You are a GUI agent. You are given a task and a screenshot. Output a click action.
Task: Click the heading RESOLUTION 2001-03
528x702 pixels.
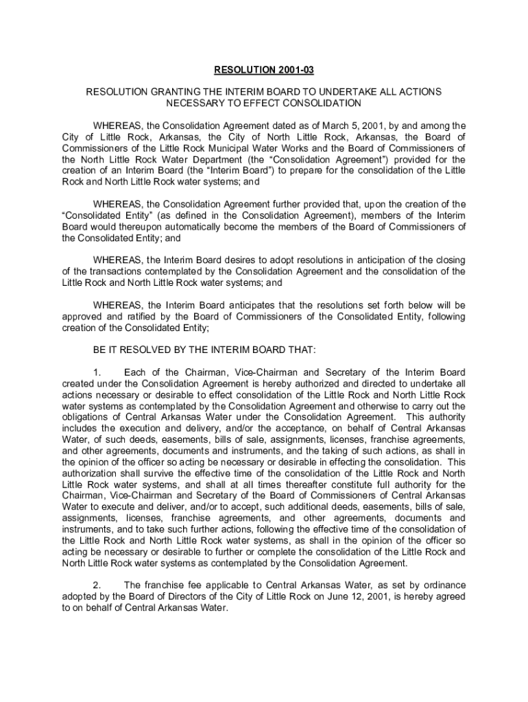[263, 70]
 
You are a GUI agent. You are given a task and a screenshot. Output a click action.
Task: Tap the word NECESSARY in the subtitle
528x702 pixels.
[195, 103]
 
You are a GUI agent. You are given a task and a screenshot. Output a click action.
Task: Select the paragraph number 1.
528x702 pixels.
[97, 372]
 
